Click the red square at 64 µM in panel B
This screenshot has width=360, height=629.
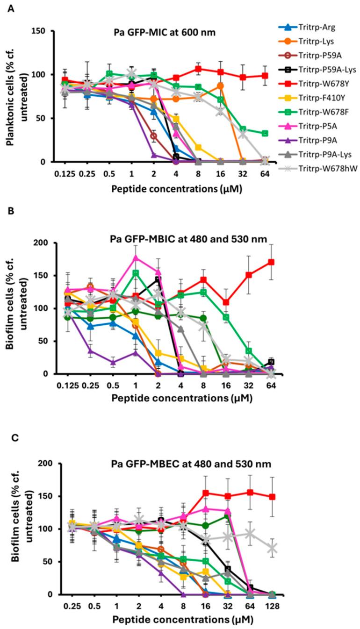coord(271,262)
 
